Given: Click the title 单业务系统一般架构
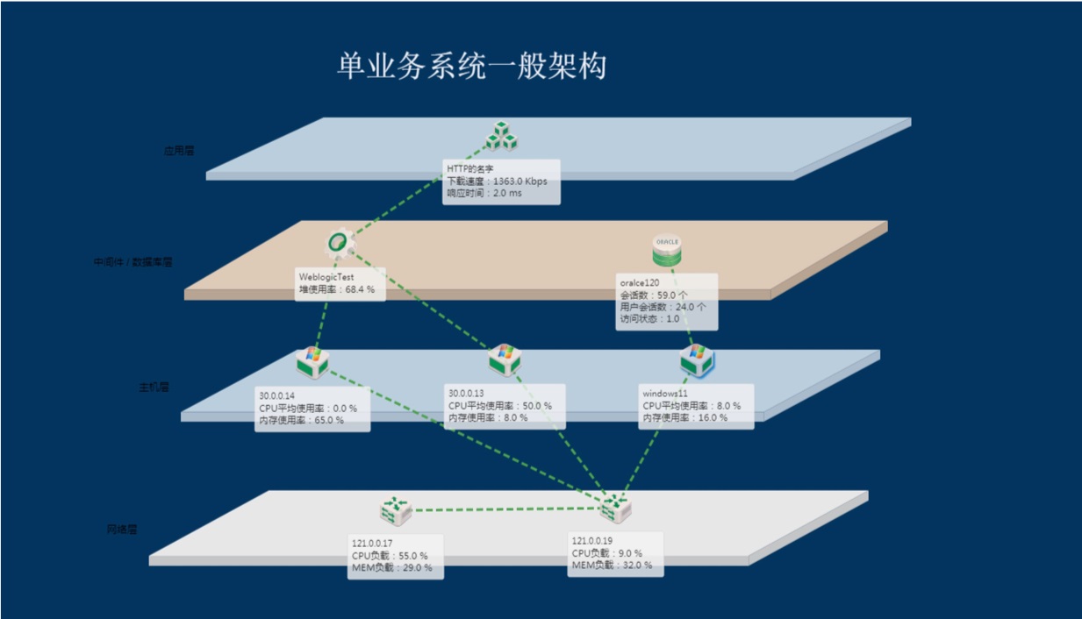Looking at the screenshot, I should point(471,67).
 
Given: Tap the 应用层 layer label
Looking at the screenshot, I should point(179,151).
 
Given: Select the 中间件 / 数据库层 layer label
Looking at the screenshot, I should point(133,261).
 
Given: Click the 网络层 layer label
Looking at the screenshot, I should point(122,530).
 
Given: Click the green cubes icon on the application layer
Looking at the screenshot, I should point(503,137).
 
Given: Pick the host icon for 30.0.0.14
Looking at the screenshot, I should point(312,360).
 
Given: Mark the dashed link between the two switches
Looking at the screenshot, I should point(505,509).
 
